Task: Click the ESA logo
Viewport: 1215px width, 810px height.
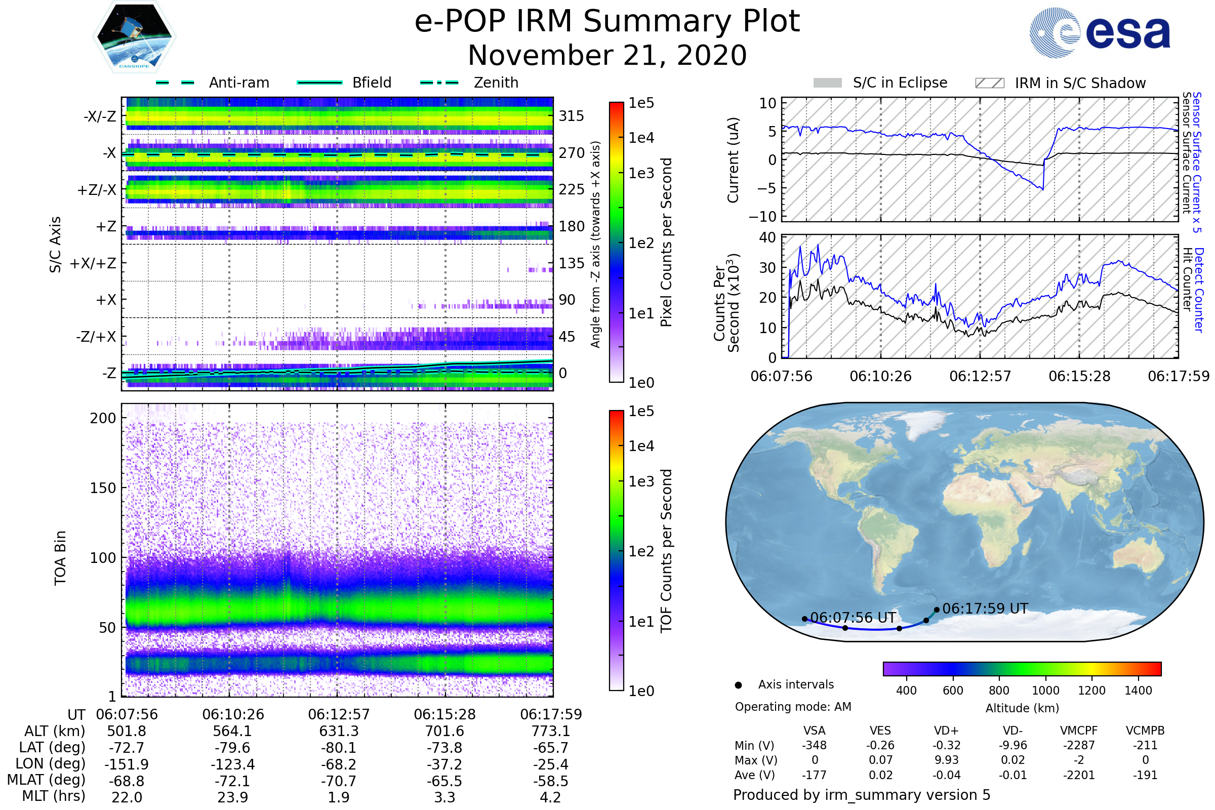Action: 1100,32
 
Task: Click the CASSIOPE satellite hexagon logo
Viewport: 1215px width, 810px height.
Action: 134,36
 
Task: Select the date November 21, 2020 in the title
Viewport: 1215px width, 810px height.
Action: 607,55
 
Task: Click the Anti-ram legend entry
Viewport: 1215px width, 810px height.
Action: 212,83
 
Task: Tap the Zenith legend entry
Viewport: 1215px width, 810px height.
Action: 469,83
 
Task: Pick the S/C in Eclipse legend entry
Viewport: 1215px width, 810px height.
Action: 880,83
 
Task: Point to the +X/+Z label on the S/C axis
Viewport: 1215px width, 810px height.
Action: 93,263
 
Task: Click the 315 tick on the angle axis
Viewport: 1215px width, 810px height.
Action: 572,116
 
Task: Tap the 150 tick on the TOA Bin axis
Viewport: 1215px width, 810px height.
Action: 103,488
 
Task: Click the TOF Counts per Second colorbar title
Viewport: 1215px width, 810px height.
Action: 666,551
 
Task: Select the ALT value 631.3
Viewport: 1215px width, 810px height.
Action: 339,732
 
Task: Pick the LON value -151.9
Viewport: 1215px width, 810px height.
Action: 127,764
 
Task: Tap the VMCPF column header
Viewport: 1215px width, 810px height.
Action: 1079,731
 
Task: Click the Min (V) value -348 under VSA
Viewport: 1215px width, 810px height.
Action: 815,745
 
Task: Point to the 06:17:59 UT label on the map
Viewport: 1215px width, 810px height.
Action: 985,609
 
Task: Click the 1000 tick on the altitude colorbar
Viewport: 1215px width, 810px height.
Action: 1045,691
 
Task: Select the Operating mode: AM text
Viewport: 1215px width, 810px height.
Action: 793,707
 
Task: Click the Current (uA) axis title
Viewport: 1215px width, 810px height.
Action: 733,160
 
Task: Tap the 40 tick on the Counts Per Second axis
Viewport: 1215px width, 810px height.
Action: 767,237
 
